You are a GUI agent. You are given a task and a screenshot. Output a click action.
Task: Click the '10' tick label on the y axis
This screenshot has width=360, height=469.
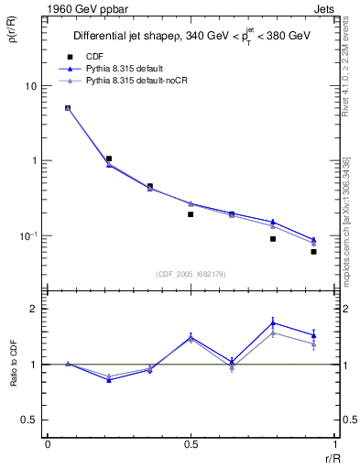click(30, 86)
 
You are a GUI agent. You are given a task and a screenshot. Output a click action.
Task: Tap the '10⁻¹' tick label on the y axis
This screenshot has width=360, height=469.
click(28, 236)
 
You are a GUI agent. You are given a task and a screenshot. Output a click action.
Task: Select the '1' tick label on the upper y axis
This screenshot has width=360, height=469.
click(34, 161)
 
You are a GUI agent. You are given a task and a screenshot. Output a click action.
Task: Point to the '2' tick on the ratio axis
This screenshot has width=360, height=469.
click(34, 310)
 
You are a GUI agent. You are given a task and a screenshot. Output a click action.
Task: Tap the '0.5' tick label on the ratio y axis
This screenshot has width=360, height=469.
click(29, 420)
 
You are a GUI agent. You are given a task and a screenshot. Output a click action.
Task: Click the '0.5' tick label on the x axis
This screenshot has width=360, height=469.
click(191, 442)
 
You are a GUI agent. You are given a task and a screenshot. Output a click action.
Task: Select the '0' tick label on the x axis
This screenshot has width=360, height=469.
click(47, 442)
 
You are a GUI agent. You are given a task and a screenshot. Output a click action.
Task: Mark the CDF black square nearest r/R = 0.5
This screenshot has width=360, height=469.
click(191, 214)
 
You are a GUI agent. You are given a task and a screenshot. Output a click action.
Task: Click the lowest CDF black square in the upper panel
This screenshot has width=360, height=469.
click(313, 251)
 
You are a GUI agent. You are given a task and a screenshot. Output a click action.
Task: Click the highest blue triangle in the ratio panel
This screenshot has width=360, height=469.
click(273, 322)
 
